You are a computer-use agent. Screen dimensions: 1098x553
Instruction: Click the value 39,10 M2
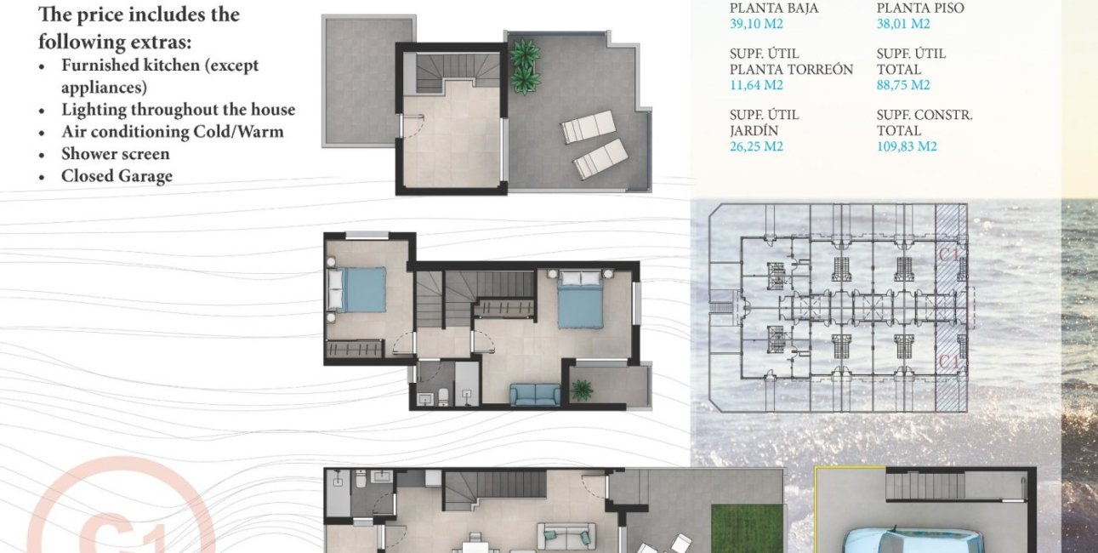point(756,24)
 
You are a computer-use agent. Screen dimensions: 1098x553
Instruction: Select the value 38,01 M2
point(903,24)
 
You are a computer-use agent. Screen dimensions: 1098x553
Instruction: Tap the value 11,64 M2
point(756,85)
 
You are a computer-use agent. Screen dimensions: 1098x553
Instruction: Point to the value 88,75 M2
point(903,85)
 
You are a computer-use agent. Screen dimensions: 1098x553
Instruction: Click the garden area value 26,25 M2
point(756,146)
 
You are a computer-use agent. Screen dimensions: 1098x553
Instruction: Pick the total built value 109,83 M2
point(907,146)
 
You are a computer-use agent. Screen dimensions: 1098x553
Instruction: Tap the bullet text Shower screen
point(115,154)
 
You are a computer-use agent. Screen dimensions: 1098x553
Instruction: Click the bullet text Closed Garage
point(117,176)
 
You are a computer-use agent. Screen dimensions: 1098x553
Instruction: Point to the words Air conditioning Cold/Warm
point(173,132)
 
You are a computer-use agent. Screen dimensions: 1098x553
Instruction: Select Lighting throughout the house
point(179,110)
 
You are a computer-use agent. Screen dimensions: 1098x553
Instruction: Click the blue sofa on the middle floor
point(535,395)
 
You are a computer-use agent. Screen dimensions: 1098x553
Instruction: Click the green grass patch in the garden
point(747,529)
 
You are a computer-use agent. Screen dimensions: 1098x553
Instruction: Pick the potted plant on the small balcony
point(582,391)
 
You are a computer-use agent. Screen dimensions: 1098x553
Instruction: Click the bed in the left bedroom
point(356,290)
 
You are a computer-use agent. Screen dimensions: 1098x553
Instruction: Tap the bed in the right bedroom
point(581,299)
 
